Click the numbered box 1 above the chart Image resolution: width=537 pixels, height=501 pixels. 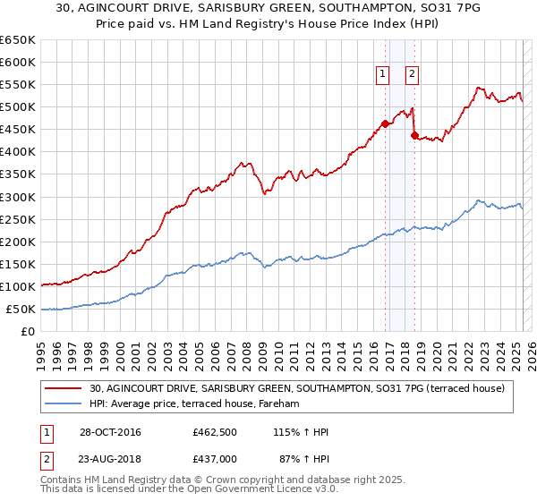(382, 75)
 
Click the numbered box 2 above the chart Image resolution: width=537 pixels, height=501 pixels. (412, 75)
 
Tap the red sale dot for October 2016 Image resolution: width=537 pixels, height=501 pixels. (386, 123)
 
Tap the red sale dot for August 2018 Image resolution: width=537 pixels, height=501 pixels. (414, 135)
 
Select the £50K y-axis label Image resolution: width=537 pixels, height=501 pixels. (21, 310)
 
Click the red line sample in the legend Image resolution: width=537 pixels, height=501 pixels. (64, 388)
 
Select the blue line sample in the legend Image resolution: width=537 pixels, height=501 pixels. (64, 404)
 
